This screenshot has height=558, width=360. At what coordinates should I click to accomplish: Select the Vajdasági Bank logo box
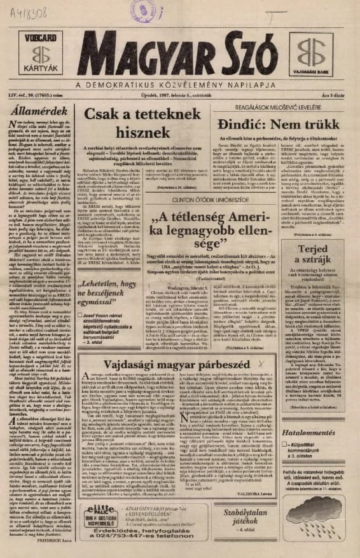click(x=317, y=49)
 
